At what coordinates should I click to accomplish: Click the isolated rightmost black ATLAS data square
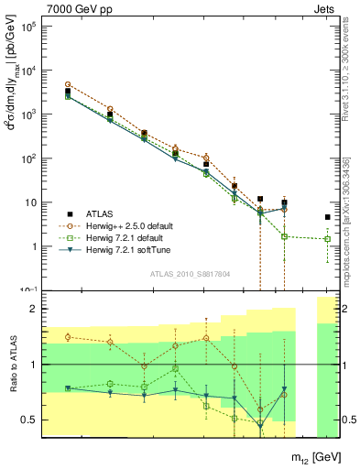328,217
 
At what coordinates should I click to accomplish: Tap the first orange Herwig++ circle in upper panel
68,84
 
